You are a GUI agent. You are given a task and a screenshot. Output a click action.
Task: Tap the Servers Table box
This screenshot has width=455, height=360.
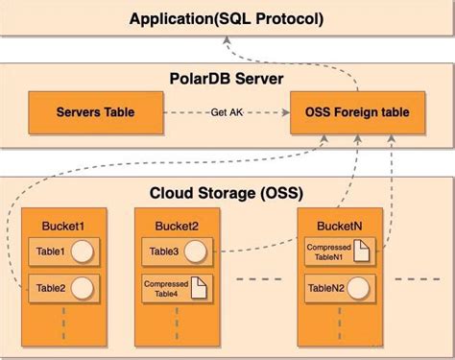click(94, 113)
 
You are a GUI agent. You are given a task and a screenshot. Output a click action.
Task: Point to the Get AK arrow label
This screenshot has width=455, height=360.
click(227, 113)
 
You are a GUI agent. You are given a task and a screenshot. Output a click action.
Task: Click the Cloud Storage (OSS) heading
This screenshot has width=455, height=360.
click(227, 191)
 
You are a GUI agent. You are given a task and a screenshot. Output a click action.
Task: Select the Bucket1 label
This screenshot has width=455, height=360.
click(63, 225)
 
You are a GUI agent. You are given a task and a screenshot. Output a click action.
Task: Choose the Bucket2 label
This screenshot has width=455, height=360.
click(176, 225)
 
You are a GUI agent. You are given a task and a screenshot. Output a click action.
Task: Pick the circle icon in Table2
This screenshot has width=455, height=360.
click(84, 286)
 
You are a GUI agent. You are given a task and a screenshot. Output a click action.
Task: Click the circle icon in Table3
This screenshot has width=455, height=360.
click(196, 252)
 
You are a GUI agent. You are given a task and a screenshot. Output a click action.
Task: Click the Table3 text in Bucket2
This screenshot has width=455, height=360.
click(164, 252)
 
